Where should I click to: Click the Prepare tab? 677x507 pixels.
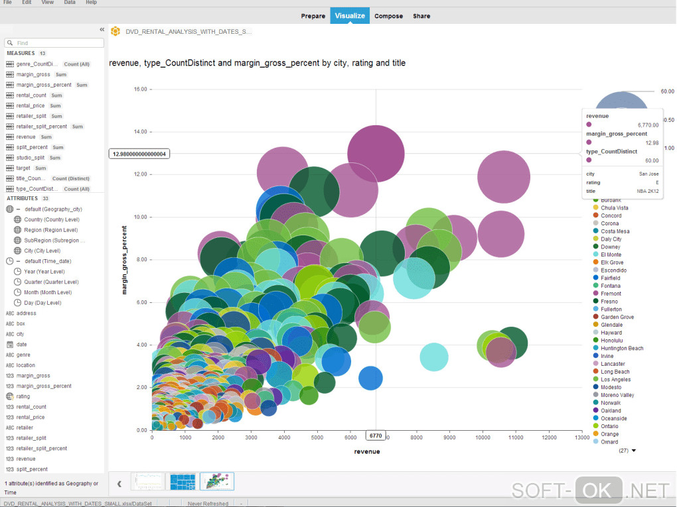tap(313, 16)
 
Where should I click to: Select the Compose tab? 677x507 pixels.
tap(388, 16)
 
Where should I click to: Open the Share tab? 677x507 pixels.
tap(421, 16)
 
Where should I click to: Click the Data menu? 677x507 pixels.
tap(70, 3)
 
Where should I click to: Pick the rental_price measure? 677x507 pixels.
tap(31, 105)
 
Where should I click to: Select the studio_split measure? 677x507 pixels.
tap(31, 158)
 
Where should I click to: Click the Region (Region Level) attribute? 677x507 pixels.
tap(50, 230)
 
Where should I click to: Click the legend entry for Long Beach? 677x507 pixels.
tap(615, 372)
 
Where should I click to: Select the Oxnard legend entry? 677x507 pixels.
tap(609, 442)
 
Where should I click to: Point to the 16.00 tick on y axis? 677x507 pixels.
tap(139, 89)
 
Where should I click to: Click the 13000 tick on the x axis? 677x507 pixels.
tap(581, 437)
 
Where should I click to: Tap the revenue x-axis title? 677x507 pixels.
tap(367, 451)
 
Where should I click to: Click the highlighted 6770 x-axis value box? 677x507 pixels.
tap(375, 436)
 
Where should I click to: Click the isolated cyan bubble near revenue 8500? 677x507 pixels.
tap(433, 357)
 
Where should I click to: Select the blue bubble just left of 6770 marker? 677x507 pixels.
tap(370, 378)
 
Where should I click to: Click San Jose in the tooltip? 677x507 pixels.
tap(648, 174)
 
